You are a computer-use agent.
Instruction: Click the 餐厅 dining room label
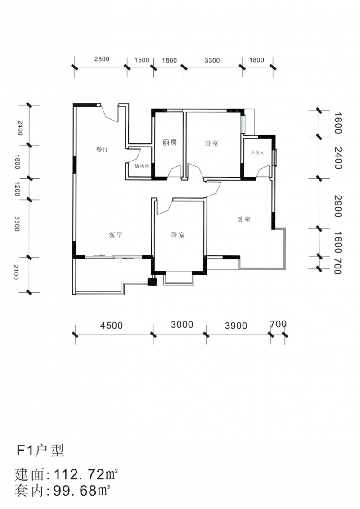102,149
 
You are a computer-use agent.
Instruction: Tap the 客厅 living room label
115,235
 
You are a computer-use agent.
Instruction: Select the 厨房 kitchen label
170,143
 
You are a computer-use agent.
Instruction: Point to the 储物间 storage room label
142,166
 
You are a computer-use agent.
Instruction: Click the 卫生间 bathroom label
258,152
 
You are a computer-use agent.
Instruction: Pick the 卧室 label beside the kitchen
211,143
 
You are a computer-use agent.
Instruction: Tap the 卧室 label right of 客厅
178,235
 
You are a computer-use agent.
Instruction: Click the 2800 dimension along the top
102,59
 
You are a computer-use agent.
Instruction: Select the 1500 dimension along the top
142,60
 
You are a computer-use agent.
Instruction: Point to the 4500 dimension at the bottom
112,325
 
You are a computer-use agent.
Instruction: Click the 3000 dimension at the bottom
182,325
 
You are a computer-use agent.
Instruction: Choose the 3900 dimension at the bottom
236,326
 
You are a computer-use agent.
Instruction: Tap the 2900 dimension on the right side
338,206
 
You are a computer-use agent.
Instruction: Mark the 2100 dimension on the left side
16,272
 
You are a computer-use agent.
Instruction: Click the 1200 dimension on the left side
17,189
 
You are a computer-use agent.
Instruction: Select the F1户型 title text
40,451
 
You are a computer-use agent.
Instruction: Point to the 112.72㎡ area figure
85,474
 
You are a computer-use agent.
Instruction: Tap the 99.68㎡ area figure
82,490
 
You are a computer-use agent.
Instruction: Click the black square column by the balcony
152,282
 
